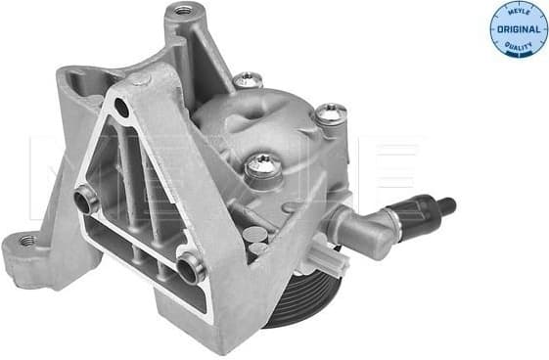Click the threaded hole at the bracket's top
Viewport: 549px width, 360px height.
click(x=181, y=12)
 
